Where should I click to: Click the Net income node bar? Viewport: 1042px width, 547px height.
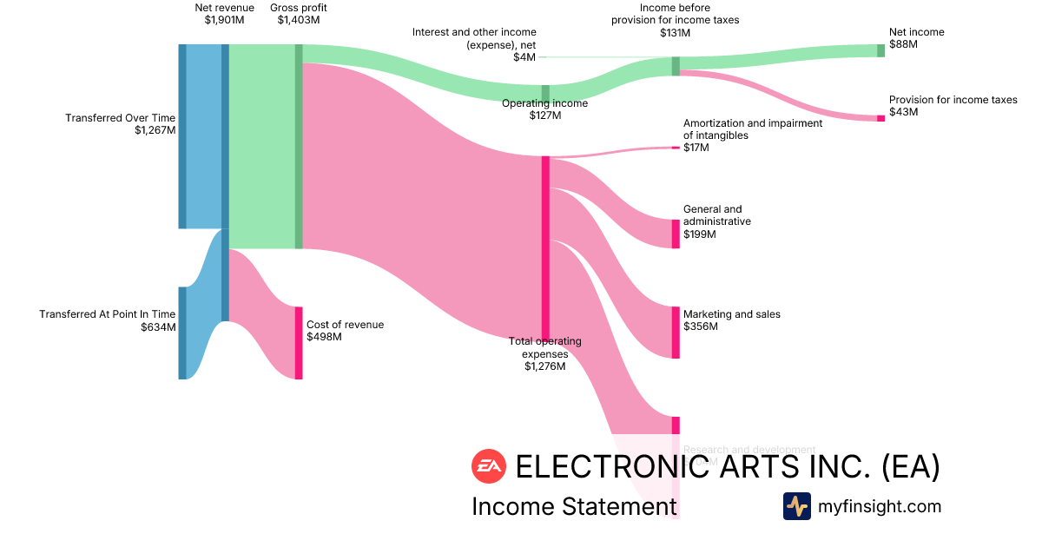coord(880,50)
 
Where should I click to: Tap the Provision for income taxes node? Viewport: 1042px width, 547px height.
coord(880,118)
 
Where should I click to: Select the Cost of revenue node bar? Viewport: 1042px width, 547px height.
coord(299,343)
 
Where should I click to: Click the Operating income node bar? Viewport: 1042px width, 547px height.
coord(545,94)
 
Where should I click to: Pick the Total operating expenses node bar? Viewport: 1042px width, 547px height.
coord(545,247)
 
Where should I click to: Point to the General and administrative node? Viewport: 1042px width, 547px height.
coord(676,234)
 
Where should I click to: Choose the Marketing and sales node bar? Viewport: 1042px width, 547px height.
coord(676,333)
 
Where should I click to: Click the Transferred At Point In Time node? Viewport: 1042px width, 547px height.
coord(182,333)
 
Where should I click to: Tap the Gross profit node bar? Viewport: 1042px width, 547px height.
coord(299,146)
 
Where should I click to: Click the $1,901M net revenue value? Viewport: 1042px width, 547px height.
coord(224,21)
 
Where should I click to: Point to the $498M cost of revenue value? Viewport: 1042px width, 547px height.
coord(324,337)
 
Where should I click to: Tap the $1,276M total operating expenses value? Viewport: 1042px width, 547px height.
coord(544,366)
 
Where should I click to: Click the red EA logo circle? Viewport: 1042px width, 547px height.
coord(488,466)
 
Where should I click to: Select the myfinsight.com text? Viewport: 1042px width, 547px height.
coord(880,506)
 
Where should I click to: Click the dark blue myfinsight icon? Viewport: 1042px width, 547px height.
coord(796,506)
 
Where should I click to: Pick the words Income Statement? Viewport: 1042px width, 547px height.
coord(573,506)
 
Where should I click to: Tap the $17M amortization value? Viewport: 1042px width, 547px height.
coord(696,148)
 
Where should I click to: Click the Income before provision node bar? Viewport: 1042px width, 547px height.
coord(676,66)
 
